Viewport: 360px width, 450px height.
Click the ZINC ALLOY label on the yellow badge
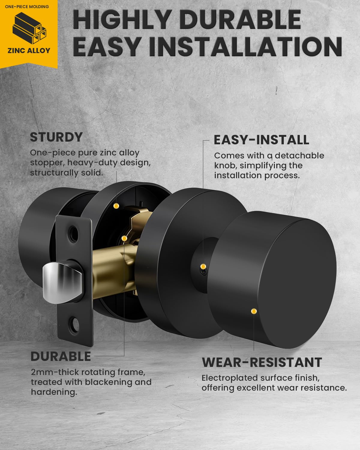[29, 51]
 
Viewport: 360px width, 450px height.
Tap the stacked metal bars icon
[29, 28]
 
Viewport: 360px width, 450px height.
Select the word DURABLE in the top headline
[240, 19]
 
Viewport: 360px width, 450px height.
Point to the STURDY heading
[56, 137]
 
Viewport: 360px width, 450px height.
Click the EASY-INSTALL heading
[262, 140]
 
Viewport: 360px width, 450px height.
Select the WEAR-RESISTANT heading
[262, 362]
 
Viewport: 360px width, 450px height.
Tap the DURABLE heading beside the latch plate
[61, 356]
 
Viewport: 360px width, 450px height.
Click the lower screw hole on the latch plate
[74, 325]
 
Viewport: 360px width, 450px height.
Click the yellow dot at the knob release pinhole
[203, 266]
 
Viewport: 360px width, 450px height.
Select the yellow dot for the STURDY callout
[116, 206]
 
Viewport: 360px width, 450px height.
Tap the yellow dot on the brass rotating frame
[124, 238]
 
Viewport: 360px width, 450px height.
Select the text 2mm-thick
[55, 372]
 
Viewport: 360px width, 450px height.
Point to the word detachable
[299, 156]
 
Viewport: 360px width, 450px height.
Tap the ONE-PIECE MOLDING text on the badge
[27, 7]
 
